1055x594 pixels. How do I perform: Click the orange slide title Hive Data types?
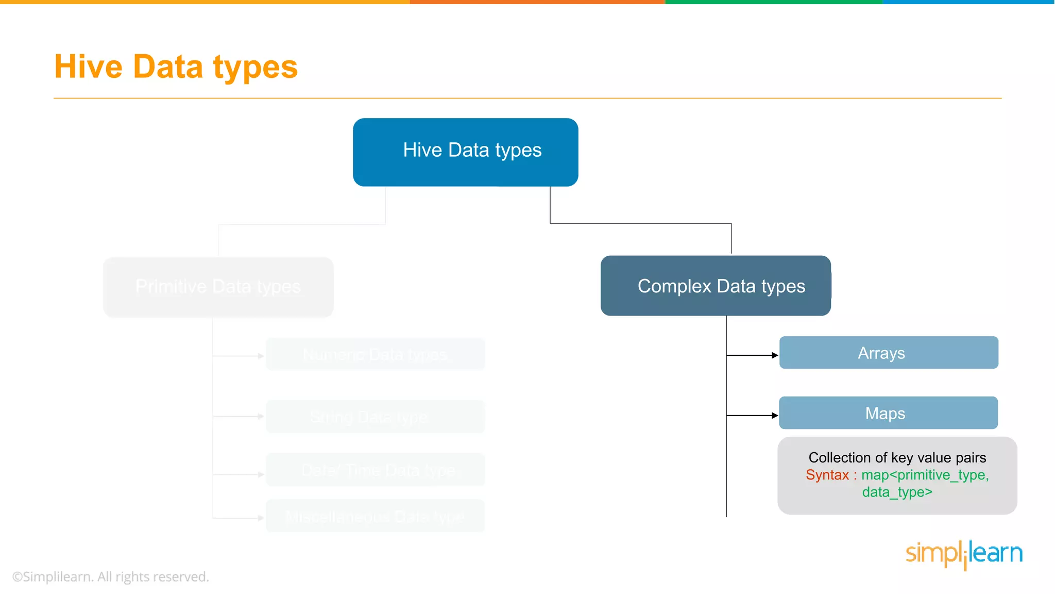tap(176, 67)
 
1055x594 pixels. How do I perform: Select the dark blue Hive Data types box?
tap(465, 152)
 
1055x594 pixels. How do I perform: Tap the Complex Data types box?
tap(716, 286)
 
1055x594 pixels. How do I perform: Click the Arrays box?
tap(889, 353)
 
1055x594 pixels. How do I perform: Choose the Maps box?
tap(888, 413)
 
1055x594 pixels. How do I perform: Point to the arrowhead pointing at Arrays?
tap(775, 355)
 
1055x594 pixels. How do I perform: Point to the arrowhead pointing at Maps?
tap(775, 416)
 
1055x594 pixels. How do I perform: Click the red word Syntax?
tap(827, 475)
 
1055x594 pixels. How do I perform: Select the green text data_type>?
tap(897, 492)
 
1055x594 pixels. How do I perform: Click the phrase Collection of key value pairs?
tap(897, 457)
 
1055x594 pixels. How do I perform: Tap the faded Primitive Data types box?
tap(218, 287)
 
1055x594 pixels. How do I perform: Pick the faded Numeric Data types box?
tap(375, 355)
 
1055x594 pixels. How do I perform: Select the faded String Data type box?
tap(375, 417)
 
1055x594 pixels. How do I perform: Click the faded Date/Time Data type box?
tap(375, 470)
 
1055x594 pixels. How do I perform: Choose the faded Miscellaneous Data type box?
tap(375, 516)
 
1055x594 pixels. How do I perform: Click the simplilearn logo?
tap(964, 554)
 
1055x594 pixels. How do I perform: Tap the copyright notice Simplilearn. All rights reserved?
tap(111, 576)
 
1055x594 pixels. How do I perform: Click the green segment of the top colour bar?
tap(774, 2)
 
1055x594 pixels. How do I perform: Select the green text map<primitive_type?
tap(925, 475)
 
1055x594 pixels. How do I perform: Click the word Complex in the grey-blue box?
tap(674, 286)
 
